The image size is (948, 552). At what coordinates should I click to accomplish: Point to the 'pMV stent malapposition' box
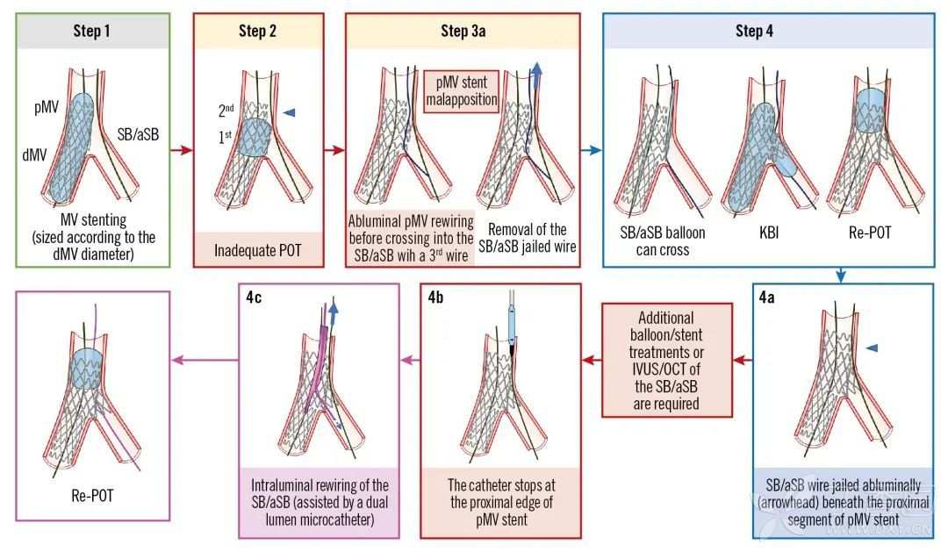462,91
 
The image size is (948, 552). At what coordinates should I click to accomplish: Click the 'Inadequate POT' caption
257,250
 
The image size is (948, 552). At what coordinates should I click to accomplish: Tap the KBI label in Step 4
759,234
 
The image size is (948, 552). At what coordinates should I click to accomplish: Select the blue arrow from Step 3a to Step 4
590,151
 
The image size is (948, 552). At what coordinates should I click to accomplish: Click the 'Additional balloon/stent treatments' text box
666,360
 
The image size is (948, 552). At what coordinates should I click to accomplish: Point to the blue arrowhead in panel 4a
872,349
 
